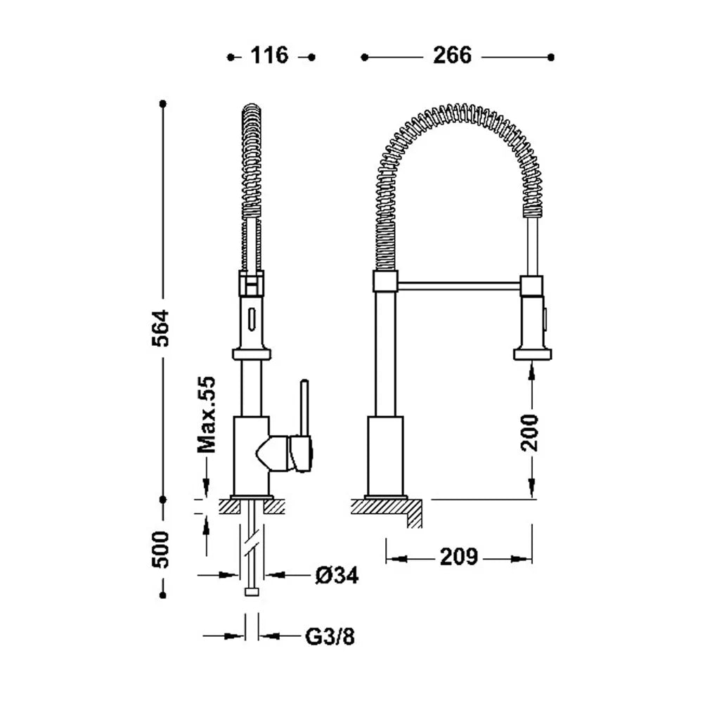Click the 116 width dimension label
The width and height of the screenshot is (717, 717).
[x=269, y=56]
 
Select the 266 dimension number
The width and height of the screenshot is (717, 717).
[x=452, y=56]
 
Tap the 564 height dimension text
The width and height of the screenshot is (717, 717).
[x=160, y=328]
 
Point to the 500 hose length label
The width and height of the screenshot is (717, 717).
[x=160, y=549]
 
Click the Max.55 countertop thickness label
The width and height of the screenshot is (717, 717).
[x=206, y=414]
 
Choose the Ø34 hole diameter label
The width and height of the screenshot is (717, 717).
[x=337, y=575]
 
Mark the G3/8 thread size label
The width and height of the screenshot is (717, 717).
[x=330, y=636]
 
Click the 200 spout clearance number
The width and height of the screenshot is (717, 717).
[x=530, y=432]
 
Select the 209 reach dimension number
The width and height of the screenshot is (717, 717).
[x=458, y=557]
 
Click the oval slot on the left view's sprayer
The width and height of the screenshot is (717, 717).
[x=251, y=318]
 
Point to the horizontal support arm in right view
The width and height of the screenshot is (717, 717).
[x=458, y=286]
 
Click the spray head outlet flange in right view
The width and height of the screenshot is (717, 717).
[x=532, y=354]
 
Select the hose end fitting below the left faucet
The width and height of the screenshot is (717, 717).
[x=252, y=592]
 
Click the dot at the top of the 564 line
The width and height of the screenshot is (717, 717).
[x=163, y=104]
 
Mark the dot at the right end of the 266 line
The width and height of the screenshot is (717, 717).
[x=551, y=57]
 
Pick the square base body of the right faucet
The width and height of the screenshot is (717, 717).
[x=385, y=456]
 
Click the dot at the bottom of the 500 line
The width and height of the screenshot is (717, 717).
[x=163, y=595]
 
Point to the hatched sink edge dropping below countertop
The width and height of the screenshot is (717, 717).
[x=414, y=514]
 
